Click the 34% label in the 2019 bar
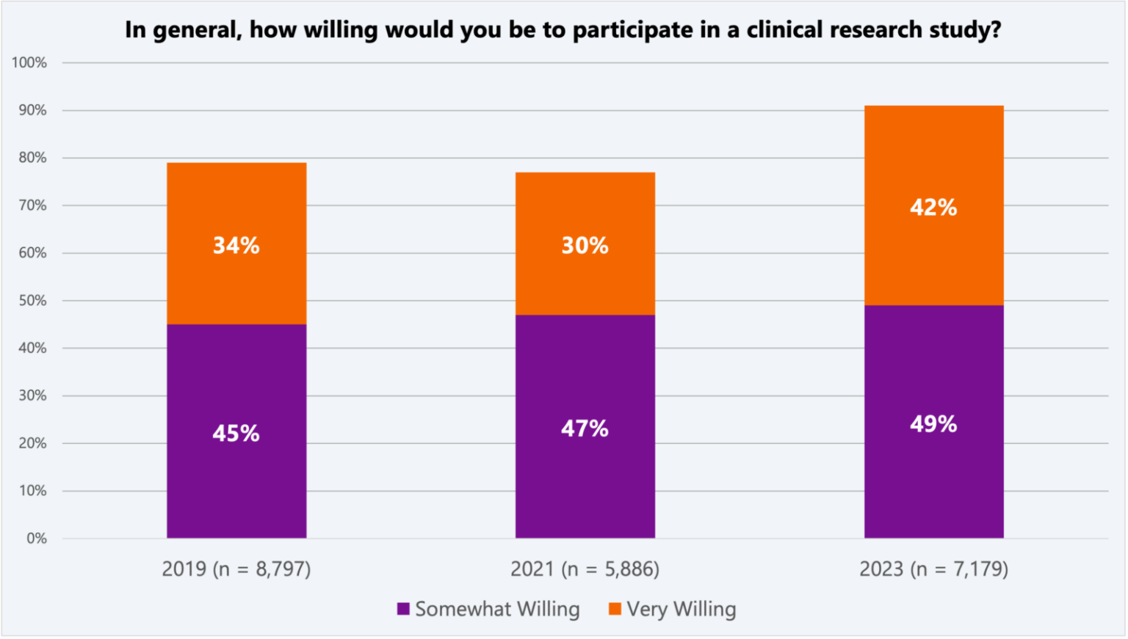(236, 245)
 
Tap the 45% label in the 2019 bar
(236, 434)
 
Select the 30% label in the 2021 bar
(585, 245)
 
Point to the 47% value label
(585, 428)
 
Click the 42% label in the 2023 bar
(933, 208)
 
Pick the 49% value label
(933, 424)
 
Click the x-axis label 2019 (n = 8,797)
(236, 569)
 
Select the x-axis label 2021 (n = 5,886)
(585, 569)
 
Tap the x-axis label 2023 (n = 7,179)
(933, 569)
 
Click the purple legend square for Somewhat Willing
(403, 609)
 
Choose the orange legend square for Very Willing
(615, 609)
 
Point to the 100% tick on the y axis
(29, 63)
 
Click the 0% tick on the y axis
(37, 538)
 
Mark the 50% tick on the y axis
(32, 301)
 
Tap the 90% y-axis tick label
(32, 110)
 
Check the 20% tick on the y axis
(32, 443)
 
